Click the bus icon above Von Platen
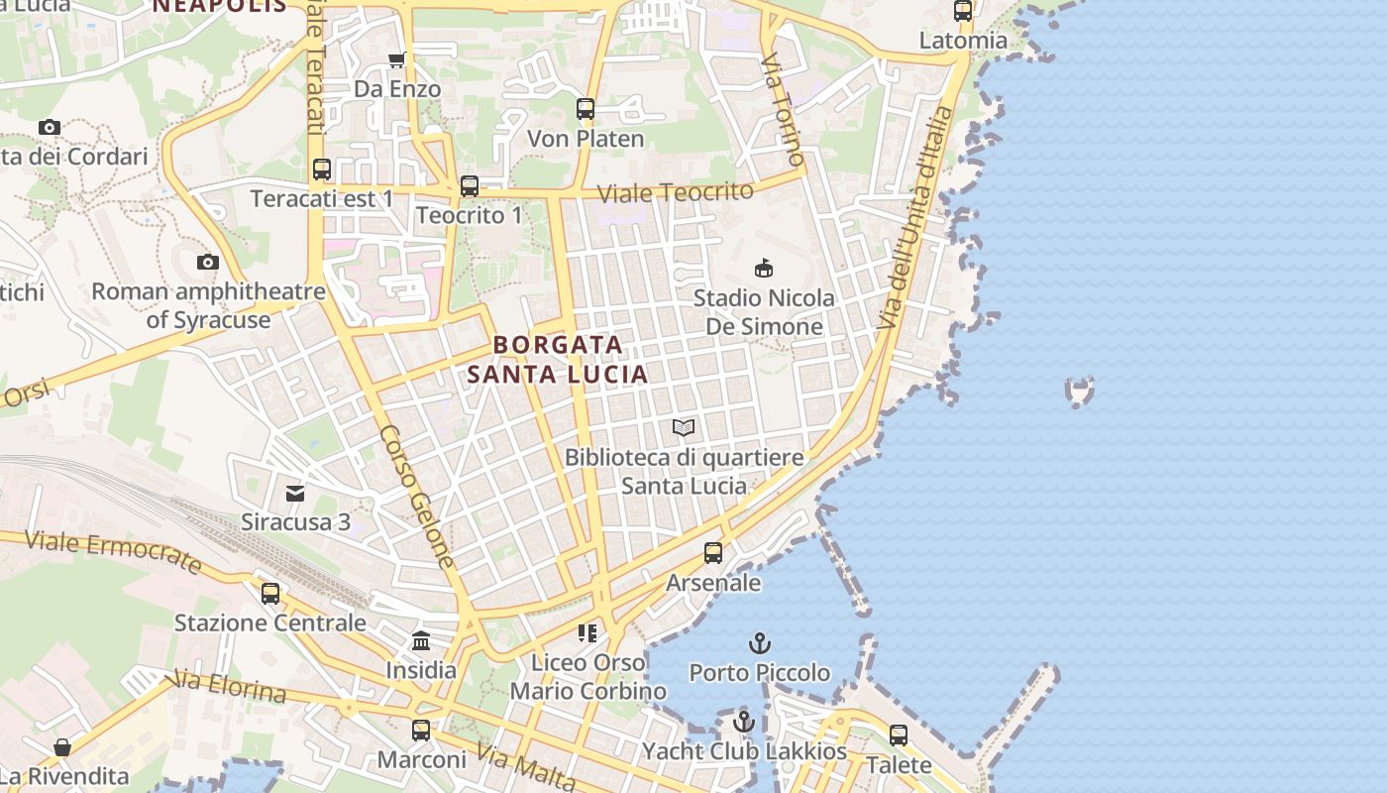(x=586, y=109)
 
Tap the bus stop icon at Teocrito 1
(x=470, y=185)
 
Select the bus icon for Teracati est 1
(x=322, y=170)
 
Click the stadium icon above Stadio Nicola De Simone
(x=764, y=268)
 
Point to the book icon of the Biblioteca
(x=684, y=428)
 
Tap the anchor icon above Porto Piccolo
(x=760, y=643)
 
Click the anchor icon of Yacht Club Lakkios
(x=744, y=722)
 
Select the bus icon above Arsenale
(x=713, y=553)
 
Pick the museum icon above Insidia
(x=421, y=640)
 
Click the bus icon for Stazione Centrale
(x=270, y=594)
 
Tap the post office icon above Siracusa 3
(x=295, y=493)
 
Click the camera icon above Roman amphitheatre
(x=208, y=263)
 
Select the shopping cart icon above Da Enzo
(x=397, y=59)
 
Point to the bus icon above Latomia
(x=963, y=12)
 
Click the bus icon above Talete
(x=899, y=736)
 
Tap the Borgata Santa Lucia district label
(x=558, y=359)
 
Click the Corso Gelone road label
(x=417, y=497)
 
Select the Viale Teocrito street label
(x=677, y=190)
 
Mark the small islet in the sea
(x=1080, y=391)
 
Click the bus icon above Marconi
(x=421, y=731)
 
